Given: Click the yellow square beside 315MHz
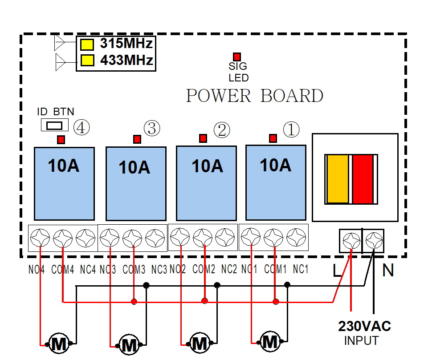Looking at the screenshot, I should [x=87, y=44].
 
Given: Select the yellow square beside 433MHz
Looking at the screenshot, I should [x=87, y=60].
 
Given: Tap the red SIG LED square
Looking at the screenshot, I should [x=237, y=57].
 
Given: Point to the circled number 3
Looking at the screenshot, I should [x=151, y=128].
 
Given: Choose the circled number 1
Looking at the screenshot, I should [x=291, y=129].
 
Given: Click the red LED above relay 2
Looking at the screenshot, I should [x=203, y=138].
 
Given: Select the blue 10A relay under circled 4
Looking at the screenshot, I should [x=64, y=183].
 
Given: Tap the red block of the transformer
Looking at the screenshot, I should [x=363, y=179].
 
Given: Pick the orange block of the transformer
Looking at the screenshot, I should [x=338, y=179].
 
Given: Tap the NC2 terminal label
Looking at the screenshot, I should [x=229, y=269].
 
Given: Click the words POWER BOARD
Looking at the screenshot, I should [x=254, y=96].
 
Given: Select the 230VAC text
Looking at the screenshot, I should [x=364, y=327].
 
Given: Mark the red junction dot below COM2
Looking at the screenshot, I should [x=204, y=301].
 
